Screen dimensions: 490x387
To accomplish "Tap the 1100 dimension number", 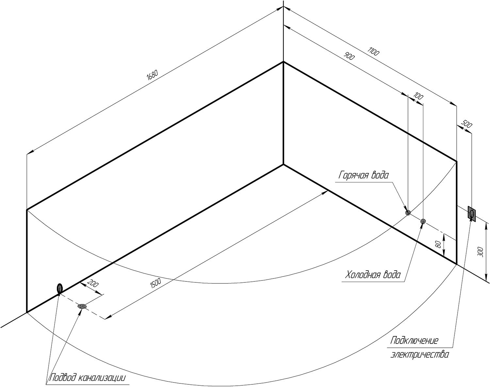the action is (x=373, y=51).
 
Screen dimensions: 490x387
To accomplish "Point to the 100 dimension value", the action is (x=418, y=96).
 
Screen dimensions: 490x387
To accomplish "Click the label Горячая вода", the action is (x=364, y=175).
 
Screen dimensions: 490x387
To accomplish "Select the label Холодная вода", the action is (x=373, y=275).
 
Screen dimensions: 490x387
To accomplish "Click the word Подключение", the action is (x=414, y=347).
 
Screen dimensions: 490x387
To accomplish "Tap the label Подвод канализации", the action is (x=88, y=378).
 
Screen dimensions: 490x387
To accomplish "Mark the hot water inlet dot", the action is (x=408, y=213).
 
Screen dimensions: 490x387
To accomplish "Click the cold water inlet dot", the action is (x=423, y=221).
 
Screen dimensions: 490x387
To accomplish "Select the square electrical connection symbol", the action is (x=471, y=214).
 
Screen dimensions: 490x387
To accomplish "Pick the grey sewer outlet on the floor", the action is (x=82, y=306).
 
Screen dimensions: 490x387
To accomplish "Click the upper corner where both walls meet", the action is (x=283, y=62).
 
